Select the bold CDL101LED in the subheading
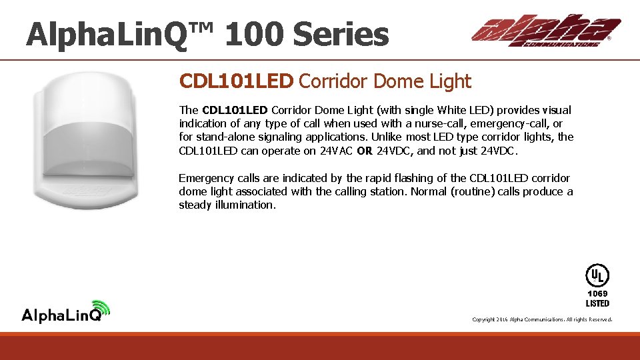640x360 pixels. (236, 81)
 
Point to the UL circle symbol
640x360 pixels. (597, 275)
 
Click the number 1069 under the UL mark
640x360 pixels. (597, 293)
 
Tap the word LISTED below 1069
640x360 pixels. (597, 303)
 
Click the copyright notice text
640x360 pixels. (541, 320)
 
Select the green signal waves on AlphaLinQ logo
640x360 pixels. (101, 307)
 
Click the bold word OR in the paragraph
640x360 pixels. (365, 151)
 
